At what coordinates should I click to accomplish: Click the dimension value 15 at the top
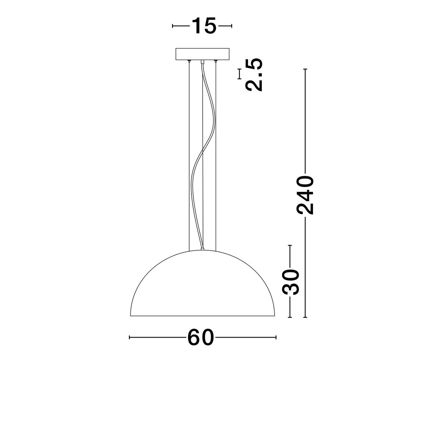tap(203, 26)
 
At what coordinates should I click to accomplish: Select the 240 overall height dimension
tap(305, 196)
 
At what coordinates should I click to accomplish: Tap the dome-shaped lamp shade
tap(203, 287)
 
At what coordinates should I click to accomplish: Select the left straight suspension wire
tap(189, 156)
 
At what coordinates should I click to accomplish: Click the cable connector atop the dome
tap(202, 248)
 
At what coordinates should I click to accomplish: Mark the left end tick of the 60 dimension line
tap(129, 337)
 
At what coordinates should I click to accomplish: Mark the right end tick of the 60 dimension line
tap(276, 337)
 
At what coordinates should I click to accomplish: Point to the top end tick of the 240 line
tap(305, 70)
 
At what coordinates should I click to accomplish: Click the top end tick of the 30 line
tap(290, 245)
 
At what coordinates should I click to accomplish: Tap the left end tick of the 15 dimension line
tap(173, 26)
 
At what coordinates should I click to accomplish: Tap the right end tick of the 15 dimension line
tap(232, 26)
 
